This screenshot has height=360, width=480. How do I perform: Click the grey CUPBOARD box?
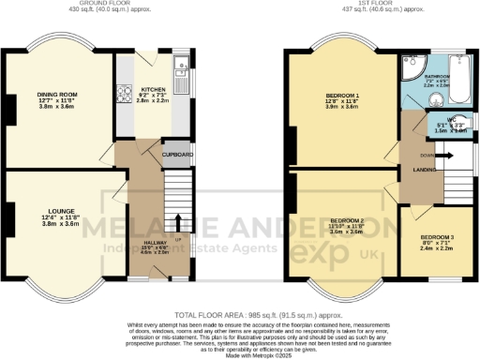click(177, 154)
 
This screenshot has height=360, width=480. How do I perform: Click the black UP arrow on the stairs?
click(175, 221)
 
